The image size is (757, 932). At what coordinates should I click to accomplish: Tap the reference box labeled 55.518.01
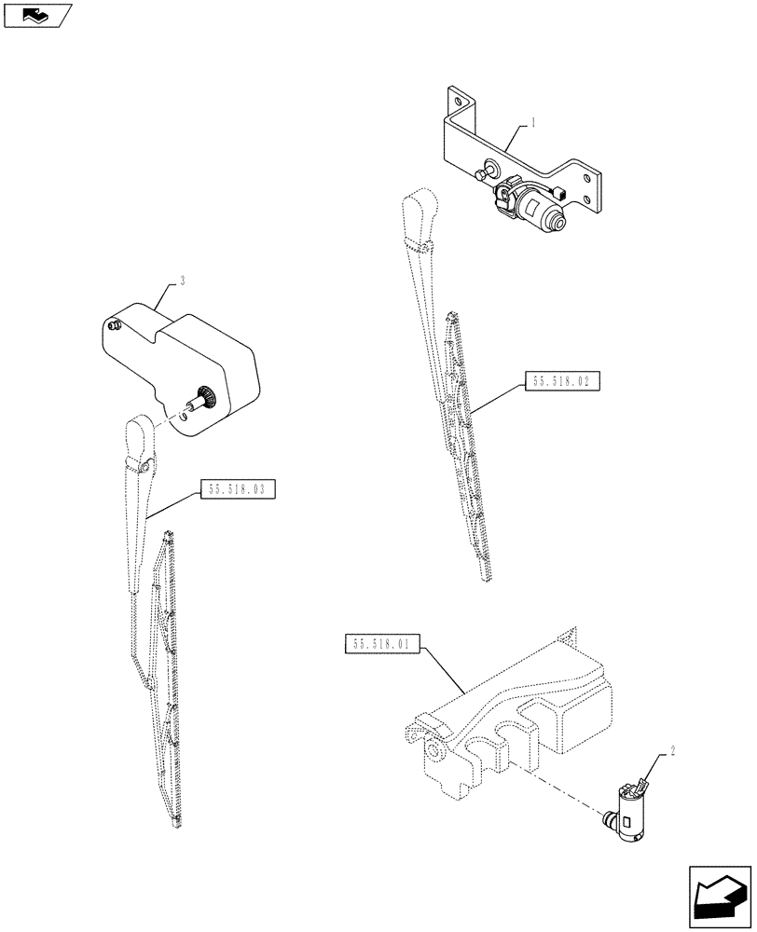[383, 644]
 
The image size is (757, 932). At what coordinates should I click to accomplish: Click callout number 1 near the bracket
[532, 122]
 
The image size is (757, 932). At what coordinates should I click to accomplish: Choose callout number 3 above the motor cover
[183, 280]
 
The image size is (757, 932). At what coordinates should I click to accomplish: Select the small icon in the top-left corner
[36, 15]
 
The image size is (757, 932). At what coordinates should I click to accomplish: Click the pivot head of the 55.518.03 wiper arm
[137, 435]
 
